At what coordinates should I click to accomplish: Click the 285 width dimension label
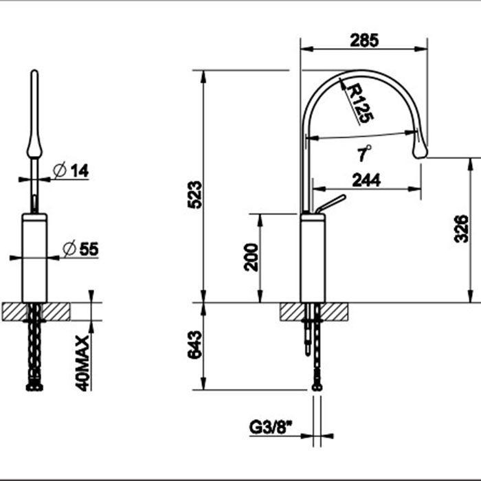[364, 41]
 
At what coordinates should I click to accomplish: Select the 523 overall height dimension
[195, 194]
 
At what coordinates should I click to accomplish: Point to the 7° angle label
[364, 153]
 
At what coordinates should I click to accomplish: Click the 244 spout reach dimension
[366, 180]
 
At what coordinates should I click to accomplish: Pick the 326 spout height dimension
[461, 229]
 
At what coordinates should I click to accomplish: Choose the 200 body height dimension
[251, 257]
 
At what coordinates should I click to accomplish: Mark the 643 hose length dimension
[195, 344]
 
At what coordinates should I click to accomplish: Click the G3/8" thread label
[271, 427]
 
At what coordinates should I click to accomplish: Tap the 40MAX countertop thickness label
[82, 363]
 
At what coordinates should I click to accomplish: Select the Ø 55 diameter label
[80, 249]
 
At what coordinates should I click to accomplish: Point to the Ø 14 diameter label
[71, 170]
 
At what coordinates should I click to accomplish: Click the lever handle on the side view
[331, 203]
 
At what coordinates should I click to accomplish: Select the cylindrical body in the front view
[34, 258]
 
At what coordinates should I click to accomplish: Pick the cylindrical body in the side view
[313, 258]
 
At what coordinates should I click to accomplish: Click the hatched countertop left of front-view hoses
[14, 312]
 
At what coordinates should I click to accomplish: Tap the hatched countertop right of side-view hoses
[335, 312]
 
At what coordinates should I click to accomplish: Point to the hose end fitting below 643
[317, 387]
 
